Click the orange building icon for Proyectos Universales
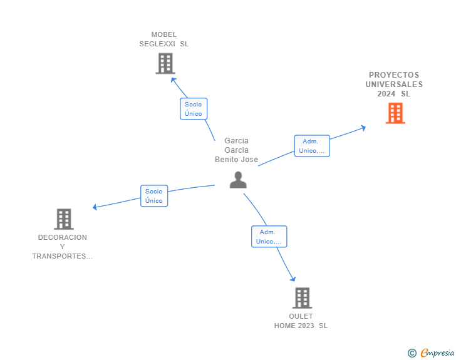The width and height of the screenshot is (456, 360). (x=395, y=113)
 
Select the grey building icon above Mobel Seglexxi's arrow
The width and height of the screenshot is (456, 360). (x=165, y=63)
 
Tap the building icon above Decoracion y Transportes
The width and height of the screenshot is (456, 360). (x=64, y=219)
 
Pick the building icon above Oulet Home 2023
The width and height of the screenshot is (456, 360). (x=302, y=298)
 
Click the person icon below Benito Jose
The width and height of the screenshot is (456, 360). (x=238, y=180)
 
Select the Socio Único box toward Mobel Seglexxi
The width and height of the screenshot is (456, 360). (x=194, y=109)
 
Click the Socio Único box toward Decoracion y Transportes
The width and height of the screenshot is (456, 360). (x=154, y=196)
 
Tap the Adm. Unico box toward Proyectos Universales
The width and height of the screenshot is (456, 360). (x=312, y=146)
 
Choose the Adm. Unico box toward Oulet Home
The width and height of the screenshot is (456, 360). (x=269, y=237)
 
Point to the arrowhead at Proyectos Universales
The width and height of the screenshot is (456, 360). (x=363, y=128)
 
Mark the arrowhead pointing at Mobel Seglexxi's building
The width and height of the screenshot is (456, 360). (x=174, y=80)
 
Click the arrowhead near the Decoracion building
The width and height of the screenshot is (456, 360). (x=95, y=207)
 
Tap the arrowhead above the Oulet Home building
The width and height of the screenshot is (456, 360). (x=293, y=279)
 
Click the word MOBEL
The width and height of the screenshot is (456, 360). (x=164, y=34)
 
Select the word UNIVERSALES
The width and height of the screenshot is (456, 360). (x=394, y=85)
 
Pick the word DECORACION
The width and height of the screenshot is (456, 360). (x=63, y=237)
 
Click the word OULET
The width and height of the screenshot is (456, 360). (x=301, y=316)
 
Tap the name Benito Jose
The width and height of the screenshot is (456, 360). (x=236, y=160)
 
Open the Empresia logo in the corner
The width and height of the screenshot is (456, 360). (x=437, y=353)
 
